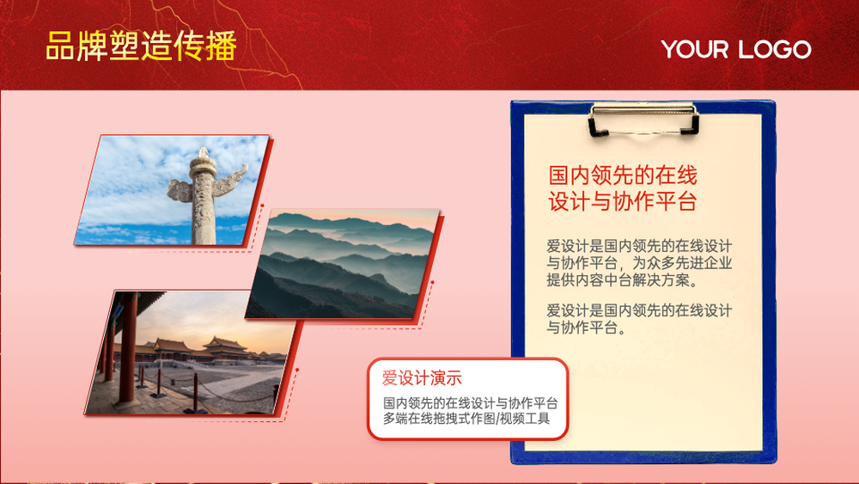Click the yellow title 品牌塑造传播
142,46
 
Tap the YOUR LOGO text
736,49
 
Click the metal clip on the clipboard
643,119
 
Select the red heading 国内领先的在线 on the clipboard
622,175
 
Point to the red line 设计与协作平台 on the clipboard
622,201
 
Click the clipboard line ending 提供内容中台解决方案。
624,280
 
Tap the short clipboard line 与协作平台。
586,328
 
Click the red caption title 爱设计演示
422,377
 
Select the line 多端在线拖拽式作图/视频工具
466,419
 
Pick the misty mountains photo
343,264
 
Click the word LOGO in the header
773,49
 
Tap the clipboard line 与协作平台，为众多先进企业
639,263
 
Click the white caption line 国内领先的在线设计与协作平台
470,403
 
